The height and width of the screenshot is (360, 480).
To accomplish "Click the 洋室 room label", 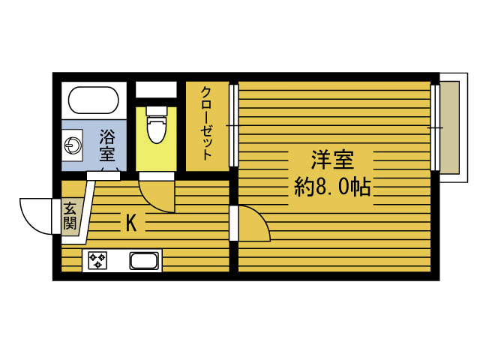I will click(332, 160).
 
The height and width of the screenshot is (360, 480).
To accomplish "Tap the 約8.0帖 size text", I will click(332, 187).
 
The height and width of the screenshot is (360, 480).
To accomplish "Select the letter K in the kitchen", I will click(130, 223).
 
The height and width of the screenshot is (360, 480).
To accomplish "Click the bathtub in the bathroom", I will click(94, 100).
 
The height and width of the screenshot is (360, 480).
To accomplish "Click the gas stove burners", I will click(98, 261).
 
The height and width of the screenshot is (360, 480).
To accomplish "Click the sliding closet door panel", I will click(234, 125).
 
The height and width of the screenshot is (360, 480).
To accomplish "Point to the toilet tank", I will click(156, 110).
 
